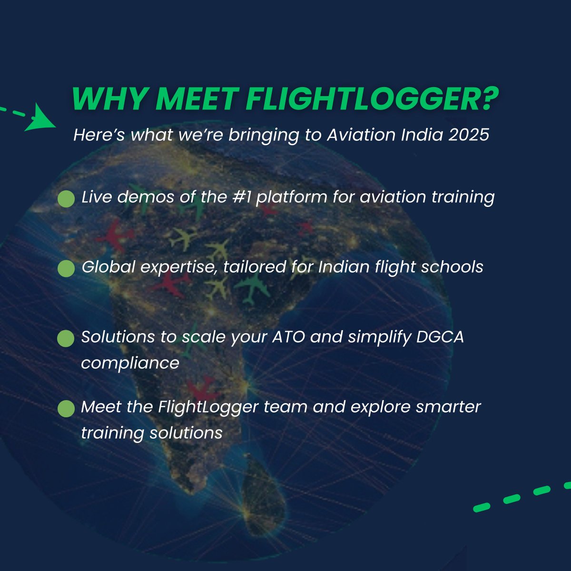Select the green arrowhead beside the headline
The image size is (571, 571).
click(42, 120)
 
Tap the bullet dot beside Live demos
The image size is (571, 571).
click(66, 199)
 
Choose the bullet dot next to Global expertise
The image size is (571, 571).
click(66, 268)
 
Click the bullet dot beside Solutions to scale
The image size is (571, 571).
click(66, 339)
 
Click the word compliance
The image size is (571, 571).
click(130, 363)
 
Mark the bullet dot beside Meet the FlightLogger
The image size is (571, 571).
click(66, 408)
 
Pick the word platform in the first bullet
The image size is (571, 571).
click(291, 197)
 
